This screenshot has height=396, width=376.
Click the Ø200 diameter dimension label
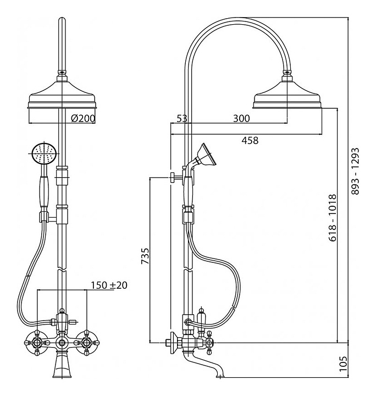[84, 118]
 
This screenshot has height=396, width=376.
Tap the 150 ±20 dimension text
[109, 285]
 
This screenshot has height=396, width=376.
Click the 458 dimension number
[250, 140]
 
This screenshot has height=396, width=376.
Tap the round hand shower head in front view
[43, 153]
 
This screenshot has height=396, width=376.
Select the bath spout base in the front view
[62, 367]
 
